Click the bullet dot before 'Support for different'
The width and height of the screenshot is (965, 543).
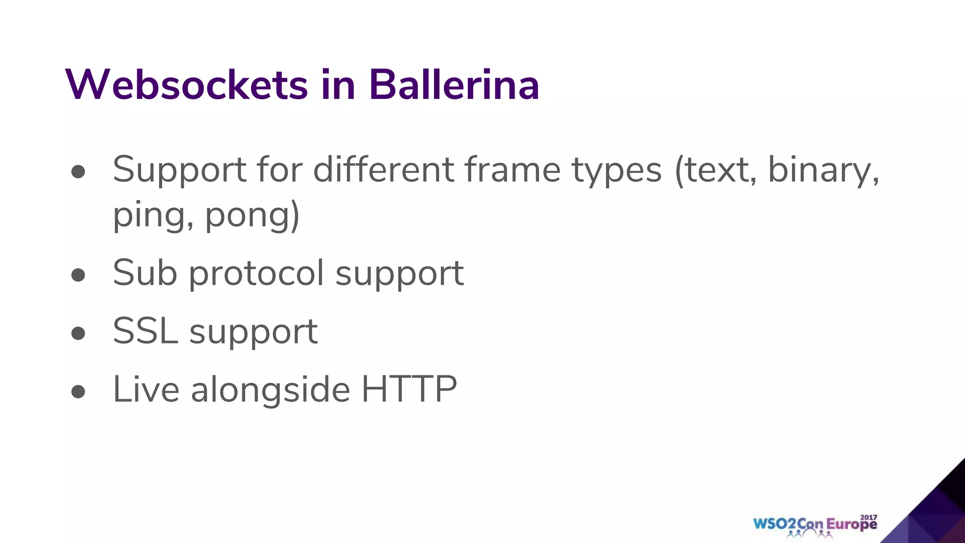(78, 172)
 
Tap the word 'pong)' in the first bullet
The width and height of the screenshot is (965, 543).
(253, 216)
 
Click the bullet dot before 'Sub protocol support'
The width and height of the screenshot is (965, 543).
(78, 275)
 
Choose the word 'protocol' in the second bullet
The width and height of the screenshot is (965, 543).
(256, 274)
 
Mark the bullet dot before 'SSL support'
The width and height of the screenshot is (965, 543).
(78, 333)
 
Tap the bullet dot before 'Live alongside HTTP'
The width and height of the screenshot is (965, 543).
(78, 391)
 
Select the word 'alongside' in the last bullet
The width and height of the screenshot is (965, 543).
(270, 390)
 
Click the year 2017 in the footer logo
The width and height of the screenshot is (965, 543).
(868, 517)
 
